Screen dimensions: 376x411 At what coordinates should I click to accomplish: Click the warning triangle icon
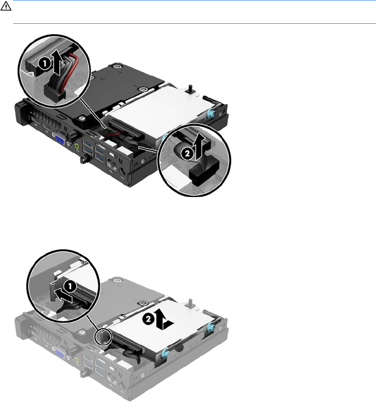pos(6,6)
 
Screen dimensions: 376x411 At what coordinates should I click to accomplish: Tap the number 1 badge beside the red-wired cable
pos(45,64)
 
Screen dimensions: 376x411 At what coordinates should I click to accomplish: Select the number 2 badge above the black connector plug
pos(187,154)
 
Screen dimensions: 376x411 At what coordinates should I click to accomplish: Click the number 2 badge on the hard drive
pos(148,319)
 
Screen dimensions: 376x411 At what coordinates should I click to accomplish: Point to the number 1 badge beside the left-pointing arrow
pos(70,286)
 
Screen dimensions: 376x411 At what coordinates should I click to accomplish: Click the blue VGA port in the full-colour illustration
pos(60,141)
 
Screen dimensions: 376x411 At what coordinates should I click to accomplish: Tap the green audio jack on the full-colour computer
pos(77,145)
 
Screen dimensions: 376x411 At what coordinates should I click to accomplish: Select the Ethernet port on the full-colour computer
pos(111,164)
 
